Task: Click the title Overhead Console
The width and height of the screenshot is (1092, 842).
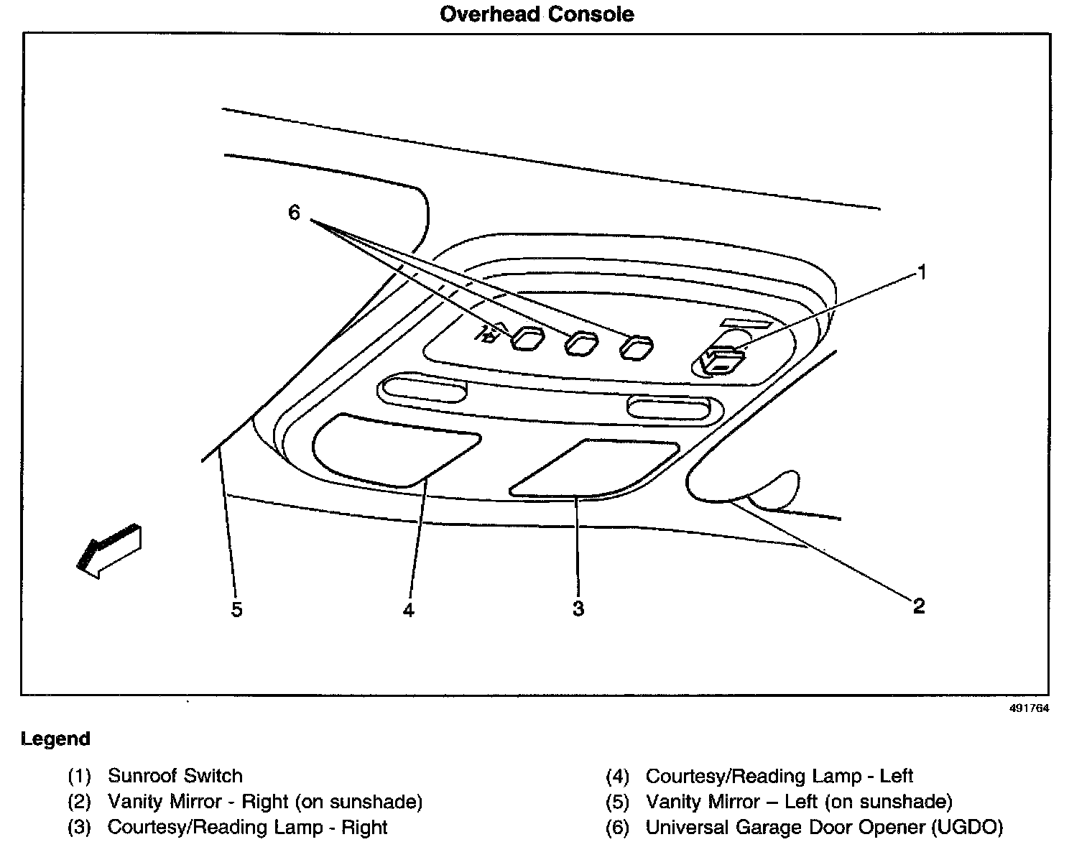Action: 537,14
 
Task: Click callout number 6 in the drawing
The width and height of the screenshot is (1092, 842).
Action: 294,213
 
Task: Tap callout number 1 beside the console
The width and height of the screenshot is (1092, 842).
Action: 922,272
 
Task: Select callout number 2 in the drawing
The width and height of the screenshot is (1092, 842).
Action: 918,606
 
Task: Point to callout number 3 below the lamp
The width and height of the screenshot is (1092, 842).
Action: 578,609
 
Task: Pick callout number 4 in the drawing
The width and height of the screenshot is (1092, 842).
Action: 409,610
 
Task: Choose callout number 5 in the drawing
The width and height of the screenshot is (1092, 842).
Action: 237,610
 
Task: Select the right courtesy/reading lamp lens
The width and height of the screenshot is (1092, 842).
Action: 593,468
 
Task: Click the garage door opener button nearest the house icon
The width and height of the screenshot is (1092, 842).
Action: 528,340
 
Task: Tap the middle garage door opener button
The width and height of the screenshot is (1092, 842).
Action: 581,343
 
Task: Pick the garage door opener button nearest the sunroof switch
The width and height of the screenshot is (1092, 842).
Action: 637,347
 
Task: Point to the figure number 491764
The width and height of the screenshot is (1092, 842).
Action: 1029,708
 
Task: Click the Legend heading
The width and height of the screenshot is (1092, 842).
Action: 55,739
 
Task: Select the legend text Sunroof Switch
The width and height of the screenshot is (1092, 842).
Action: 175,776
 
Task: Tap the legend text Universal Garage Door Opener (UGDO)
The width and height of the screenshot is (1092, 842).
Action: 824,828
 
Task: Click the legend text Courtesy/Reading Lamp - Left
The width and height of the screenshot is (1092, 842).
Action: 779,776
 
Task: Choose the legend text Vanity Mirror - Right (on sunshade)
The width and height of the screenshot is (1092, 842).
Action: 265,802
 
